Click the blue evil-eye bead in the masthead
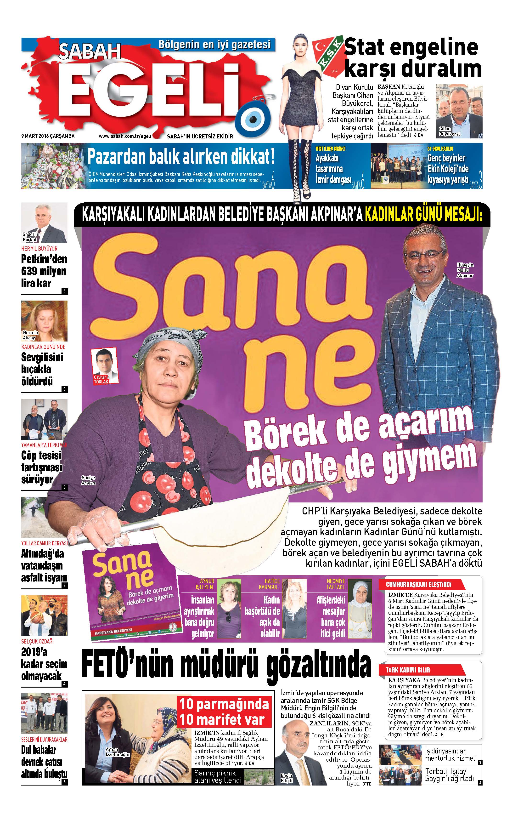pos(254,119)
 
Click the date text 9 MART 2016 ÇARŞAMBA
pos(48,136)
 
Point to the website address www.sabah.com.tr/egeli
pos(125,136)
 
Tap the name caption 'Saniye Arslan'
pos(88,480)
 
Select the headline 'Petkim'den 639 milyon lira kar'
pos(44,271)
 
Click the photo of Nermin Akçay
pos(44,321)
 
